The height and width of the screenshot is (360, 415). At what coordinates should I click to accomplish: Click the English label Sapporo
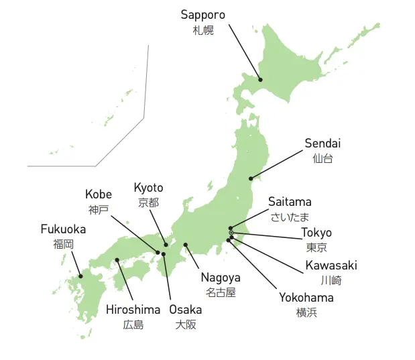click(202, 15)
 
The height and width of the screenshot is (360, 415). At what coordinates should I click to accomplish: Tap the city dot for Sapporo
click(260, 80)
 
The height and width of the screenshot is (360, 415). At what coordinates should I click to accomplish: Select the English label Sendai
click(322, 143)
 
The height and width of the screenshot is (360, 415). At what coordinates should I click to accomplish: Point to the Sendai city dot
click(251, 178)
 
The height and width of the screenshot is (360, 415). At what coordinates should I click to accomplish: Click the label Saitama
click(290, 202)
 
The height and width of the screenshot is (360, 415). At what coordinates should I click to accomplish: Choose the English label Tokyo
click(316, 233)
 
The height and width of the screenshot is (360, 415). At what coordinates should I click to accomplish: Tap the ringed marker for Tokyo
click(231, 233)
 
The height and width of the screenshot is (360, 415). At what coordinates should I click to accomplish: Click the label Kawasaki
click(331, 265)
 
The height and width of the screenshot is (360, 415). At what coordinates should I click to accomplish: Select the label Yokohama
click(306, 298)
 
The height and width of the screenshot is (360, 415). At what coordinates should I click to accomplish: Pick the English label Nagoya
click(221, 278)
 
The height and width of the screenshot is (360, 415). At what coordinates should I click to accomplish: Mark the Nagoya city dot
click(186, 245)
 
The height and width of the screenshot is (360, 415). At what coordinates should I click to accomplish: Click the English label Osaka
click(185, 310)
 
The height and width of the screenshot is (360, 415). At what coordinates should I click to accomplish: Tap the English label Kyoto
click(148, 188)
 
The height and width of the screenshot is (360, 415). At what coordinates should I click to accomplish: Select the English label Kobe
click(99, 194)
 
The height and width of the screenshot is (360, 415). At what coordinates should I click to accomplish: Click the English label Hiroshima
click(133, 310)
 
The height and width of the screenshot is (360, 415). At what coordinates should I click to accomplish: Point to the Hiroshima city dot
click(117, 259)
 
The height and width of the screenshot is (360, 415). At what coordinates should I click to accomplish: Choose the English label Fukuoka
click(63, 229)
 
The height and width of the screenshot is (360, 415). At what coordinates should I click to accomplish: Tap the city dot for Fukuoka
click(80, 276)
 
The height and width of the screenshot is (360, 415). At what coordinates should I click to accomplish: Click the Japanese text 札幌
click(202, 30)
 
